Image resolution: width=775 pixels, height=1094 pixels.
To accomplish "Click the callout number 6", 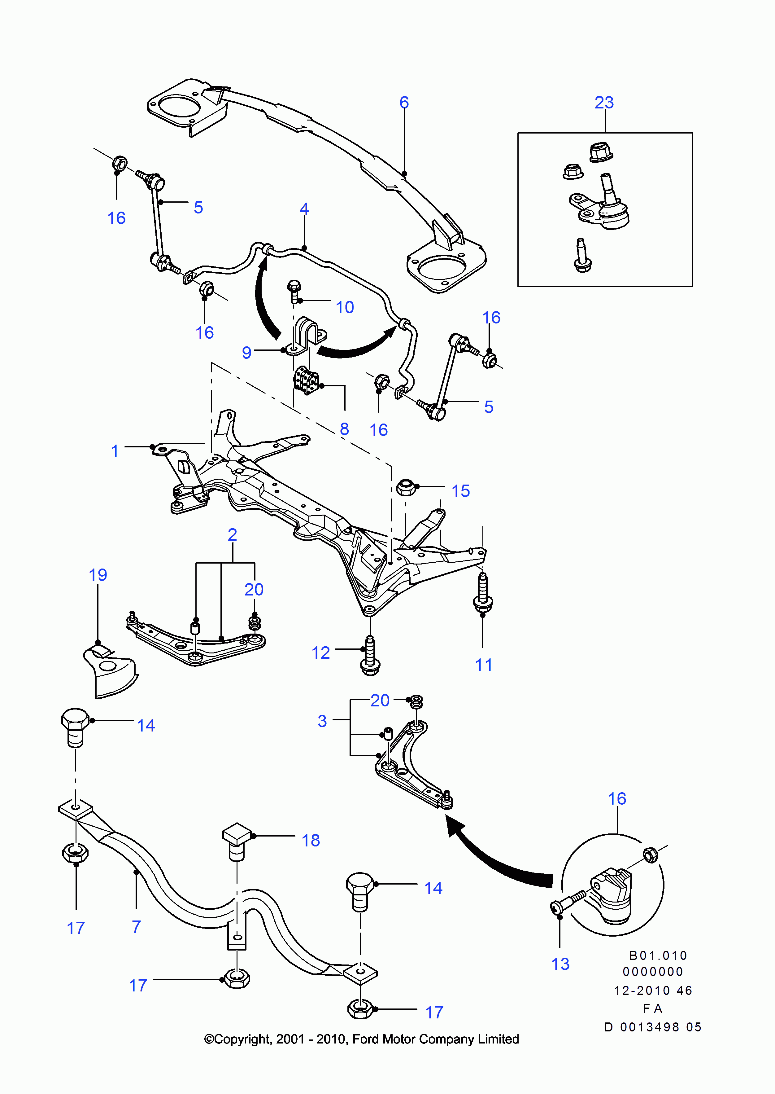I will [x=404, y=102].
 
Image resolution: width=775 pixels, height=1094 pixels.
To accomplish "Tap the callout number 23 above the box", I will [x=604, y=102].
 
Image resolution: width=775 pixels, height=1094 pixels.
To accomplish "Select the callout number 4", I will [x=304, y=209].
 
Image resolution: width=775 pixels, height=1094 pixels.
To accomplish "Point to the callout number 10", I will [x=345, y=307].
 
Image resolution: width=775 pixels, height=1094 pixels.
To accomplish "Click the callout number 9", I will [x=246, y=352].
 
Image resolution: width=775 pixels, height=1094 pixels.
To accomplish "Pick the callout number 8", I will [x=344, y=429].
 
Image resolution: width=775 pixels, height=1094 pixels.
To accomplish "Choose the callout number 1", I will [x=115, y=451].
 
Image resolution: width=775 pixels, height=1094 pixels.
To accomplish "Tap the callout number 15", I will [x=460, y=491].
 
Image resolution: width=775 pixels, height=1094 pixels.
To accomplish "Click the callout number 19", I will [x=98, y=575].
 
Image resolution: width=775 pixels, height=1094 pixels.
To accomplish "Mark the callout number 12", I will [x=321, y=653].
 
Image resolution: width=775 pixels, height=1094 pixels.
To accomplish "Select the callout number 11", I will [x=483, y=665].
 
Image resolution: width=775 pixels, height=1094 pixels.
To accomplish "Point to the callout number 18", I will [x=311, y=841].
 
